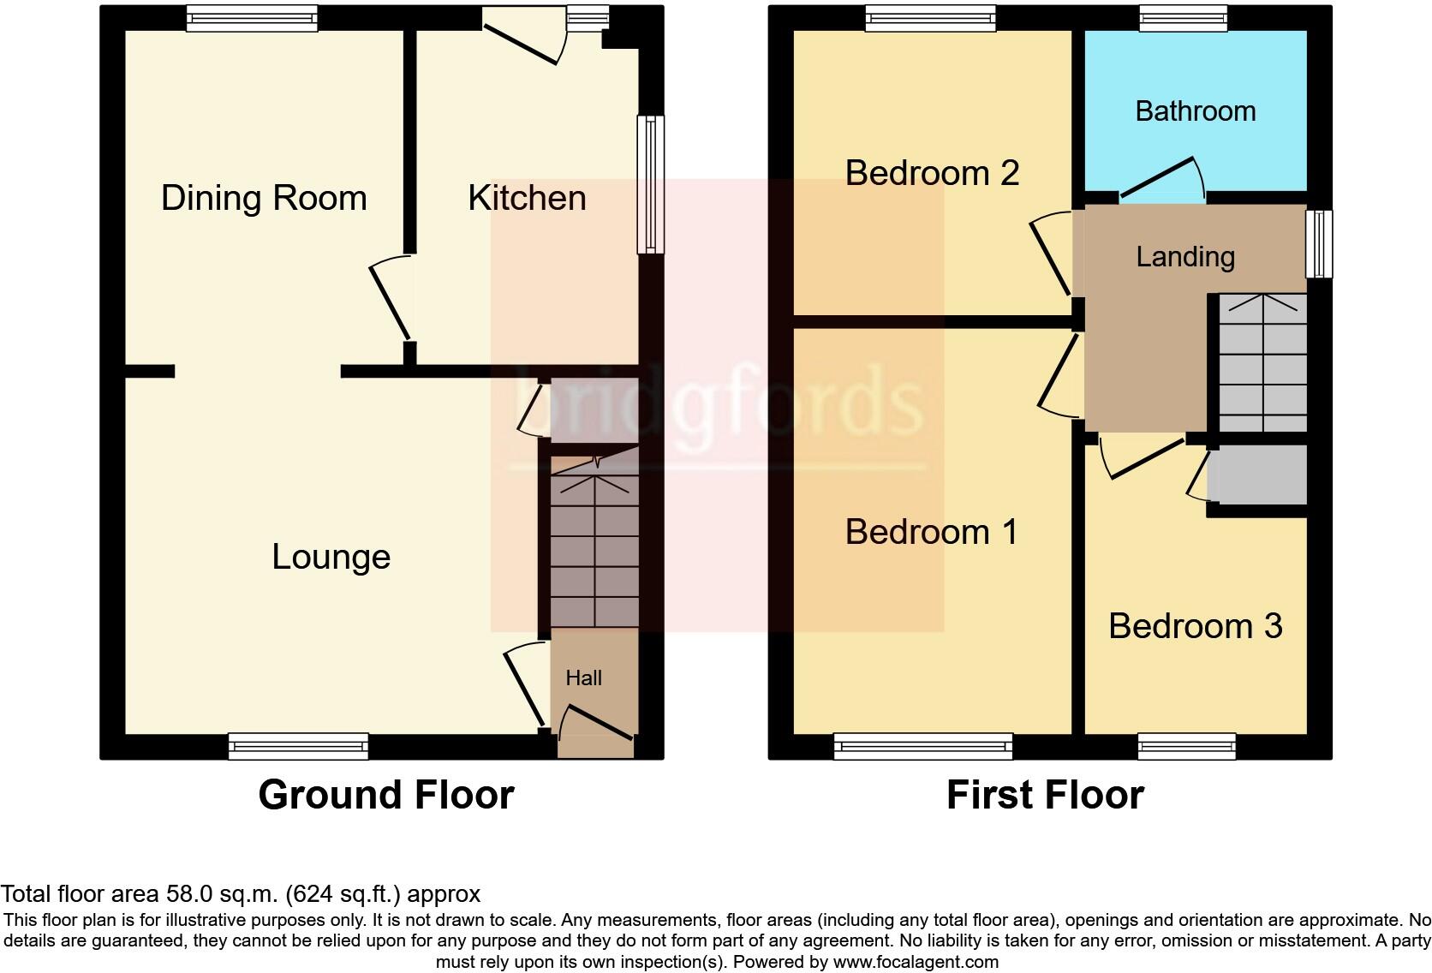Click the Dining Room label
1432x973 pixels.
pyautogui.click(x=264, y=198)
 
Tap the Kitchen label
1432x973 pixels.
pyautogui.click(x=527, y=198)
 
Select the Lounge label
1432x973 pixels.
pyautogui.click(x=331, y=557)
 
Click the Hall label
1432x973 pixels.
pyautogui.click(x=583, y=678)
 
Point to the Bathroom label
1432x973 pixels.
pyautogui.click(x=1195, y=110)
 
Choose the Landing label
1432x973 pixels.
pyautogui.click(x=1185, y=256)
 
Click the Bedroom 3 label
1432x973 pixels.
pyautogui.click(x=1195, y=626)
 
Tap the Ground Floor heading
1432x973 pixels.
pyautogui.click(x=385, y=794)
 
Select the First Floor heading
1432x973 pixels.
pyautogui.click(x=1045, y=794)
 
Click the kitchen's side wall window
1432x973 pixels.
pyautogui.click(x=651, y=184)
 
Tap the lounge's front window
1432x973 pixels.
pyautogui.click(x=298, y=747)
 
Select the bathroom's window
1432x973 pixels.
pyautogui.click(x=1183, y=18)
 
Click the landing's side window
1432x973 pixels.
pyautogui.click(x=1320, y=243)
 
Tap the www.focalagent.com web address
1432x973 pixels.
pyautogui.click(x=916, y=961)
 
